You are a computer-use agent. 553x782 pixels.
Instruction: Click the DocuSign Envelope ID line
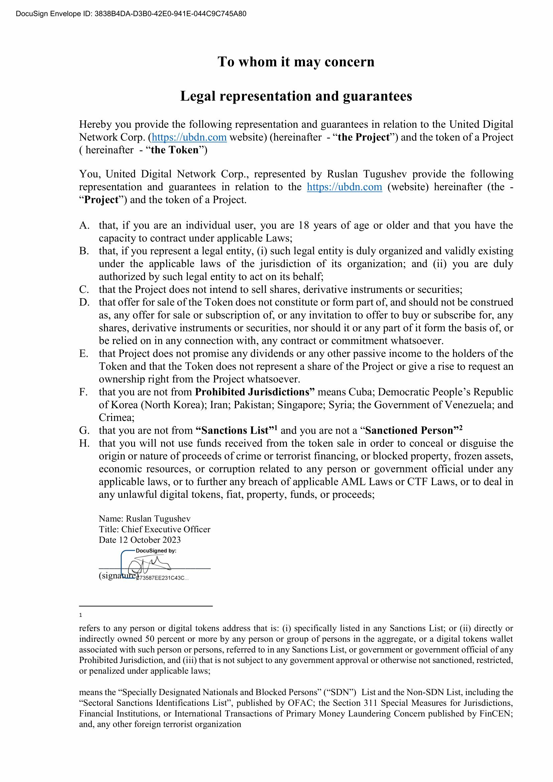131,14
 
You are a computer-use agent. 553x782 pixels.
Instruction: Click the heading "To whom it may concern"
296,62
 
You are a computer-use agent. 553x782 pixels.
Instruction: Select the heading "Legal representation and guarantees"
296,96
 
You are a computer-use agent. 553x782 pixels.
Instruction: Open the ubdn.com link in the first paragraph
189,137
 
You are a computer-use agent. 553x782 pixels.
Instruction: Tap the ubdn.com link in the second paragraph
344,187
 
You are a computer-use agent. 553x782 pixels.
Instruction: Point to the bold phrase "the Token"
174,150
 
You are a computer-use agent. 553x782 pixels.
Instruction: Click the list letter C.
84,290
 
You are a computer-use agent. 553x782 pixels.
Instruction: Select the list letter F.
83,393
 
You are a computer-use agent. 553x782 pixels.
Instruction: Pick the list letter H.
84,443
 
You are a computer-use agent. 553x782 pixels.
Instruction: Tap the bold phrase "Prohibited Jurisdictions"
254,392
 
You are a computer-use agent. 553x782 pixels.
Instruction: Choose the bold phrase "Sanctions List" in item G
235,431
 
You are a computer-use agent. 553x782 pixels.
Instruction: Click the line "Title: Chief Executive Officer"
154,529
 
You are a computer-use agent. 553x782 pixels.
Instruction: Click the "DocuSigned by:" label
155,551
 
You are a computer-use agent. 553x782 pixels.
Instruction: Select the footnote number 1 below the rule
81,616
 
